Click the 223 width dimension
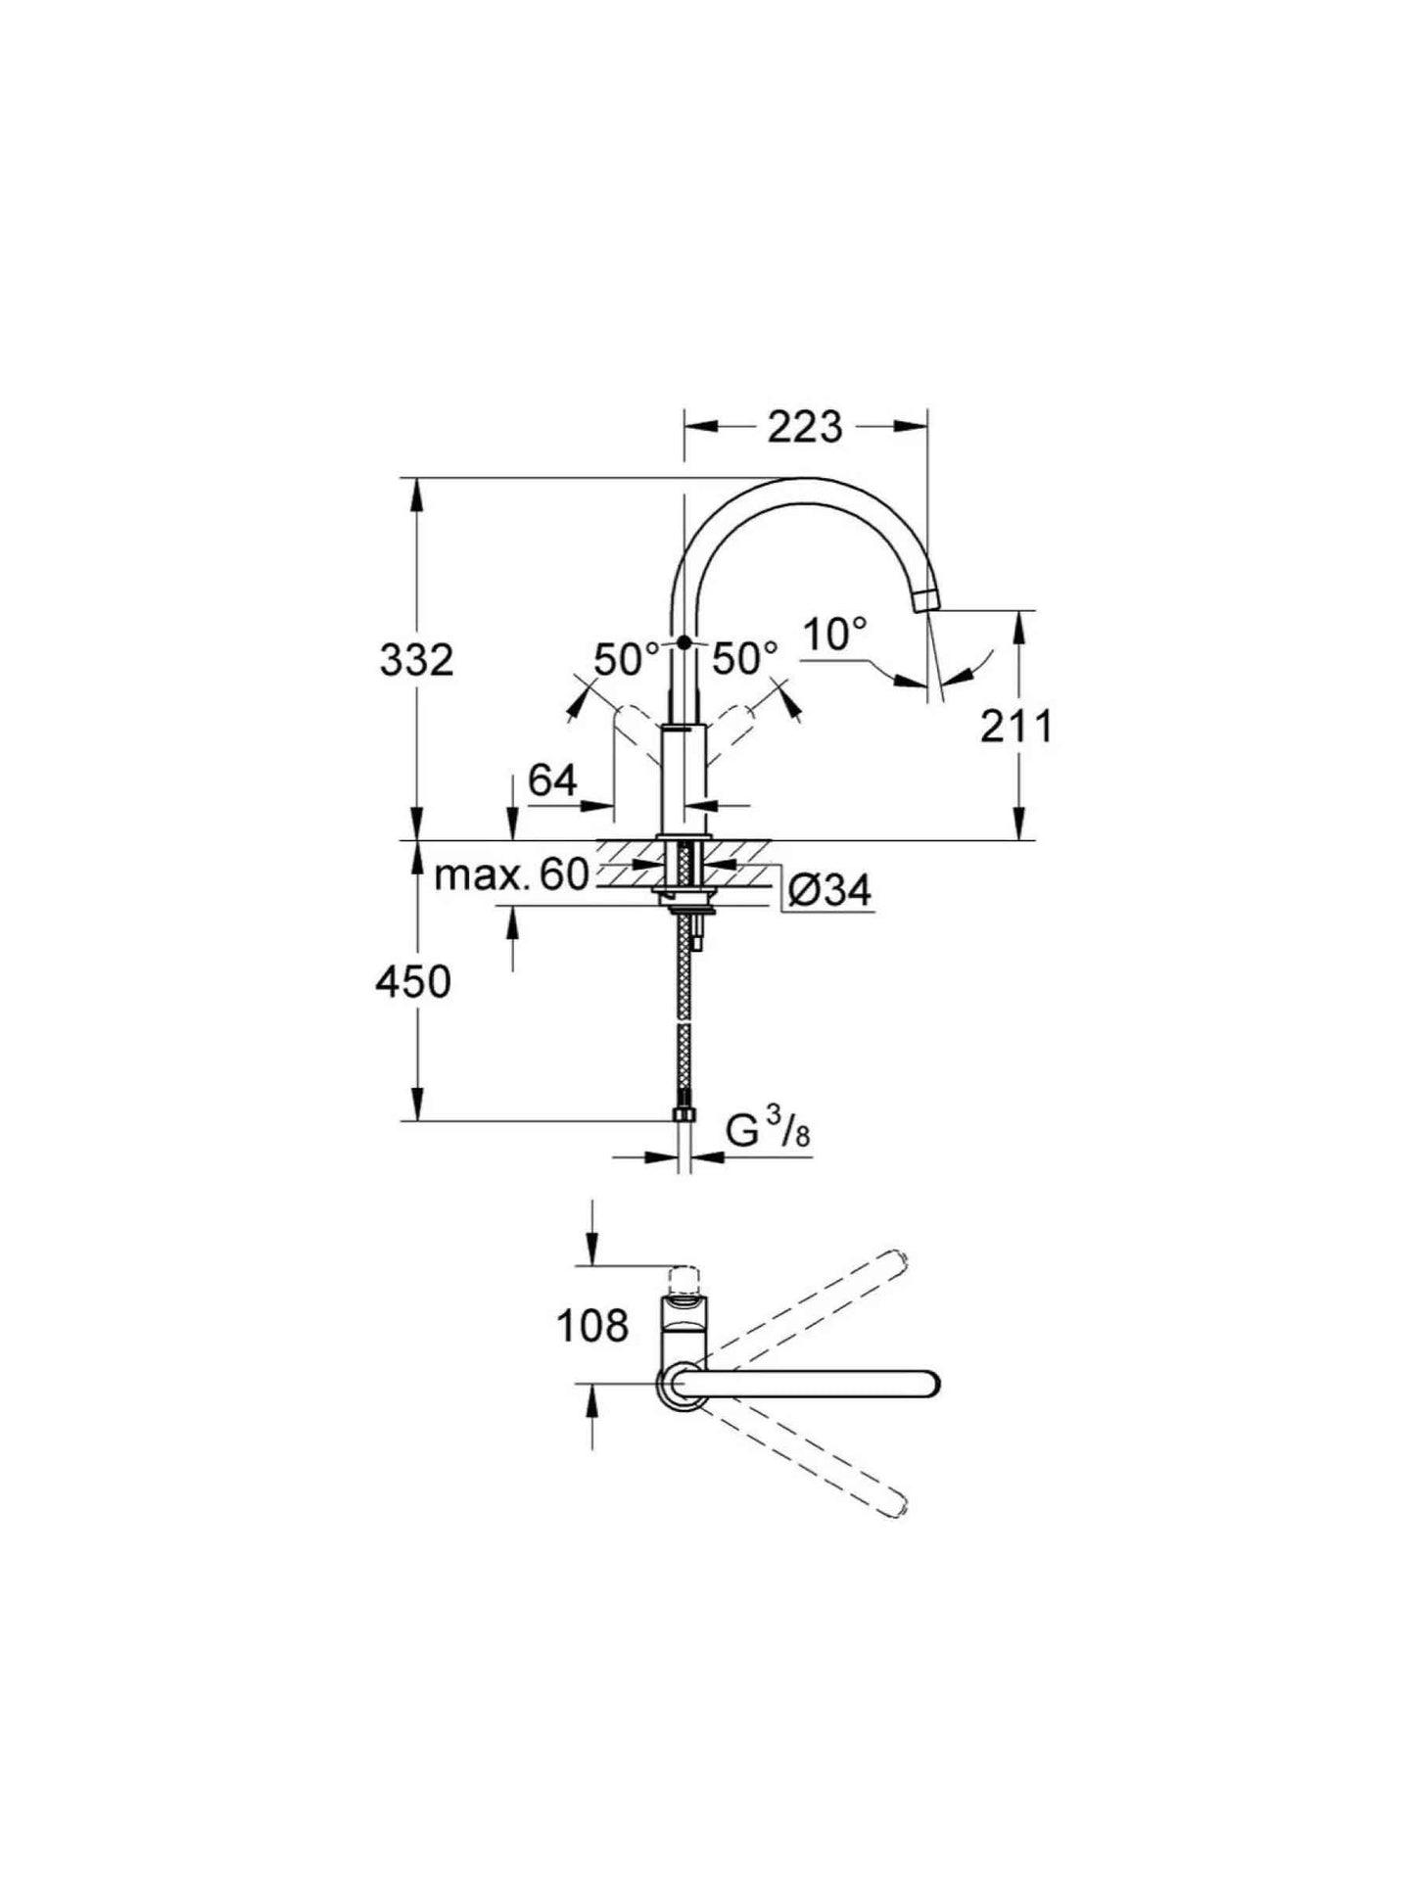(804, 427)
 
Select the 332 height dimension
(417, 661)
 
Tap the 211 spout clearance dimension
(1016, 727)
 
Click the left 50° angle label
(627, 659)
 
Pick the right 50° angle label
(744, 659)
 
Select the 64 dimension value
(552, 780)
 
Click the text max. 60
(510, 874)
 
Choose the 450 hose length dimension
(413, 981)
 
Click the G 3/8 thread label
(768, 1132)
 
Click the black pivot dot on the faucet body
(683, 642)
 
